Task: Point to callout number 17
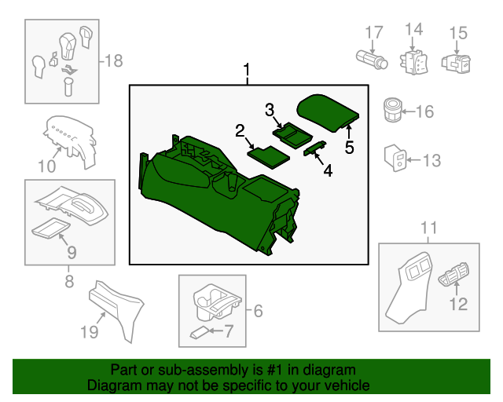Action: point(373,32)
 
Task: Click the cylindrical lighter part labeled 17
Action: point(369,59)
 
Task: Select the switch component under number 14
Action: point(413,61)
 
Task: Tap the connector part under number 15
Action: point(455,62)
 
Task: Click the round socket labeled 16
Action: point(393,110)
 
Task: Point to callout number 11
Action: point(428,228)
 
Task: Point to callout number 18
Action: point(114,60)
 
